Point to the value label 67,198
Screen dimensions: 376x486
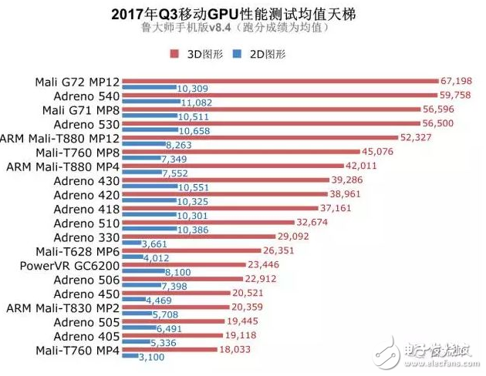[455, 81]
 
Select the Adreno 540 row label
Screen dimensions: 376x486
[86, 96]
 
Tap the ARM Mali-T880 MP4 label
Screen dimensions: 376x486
[62, 166]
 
